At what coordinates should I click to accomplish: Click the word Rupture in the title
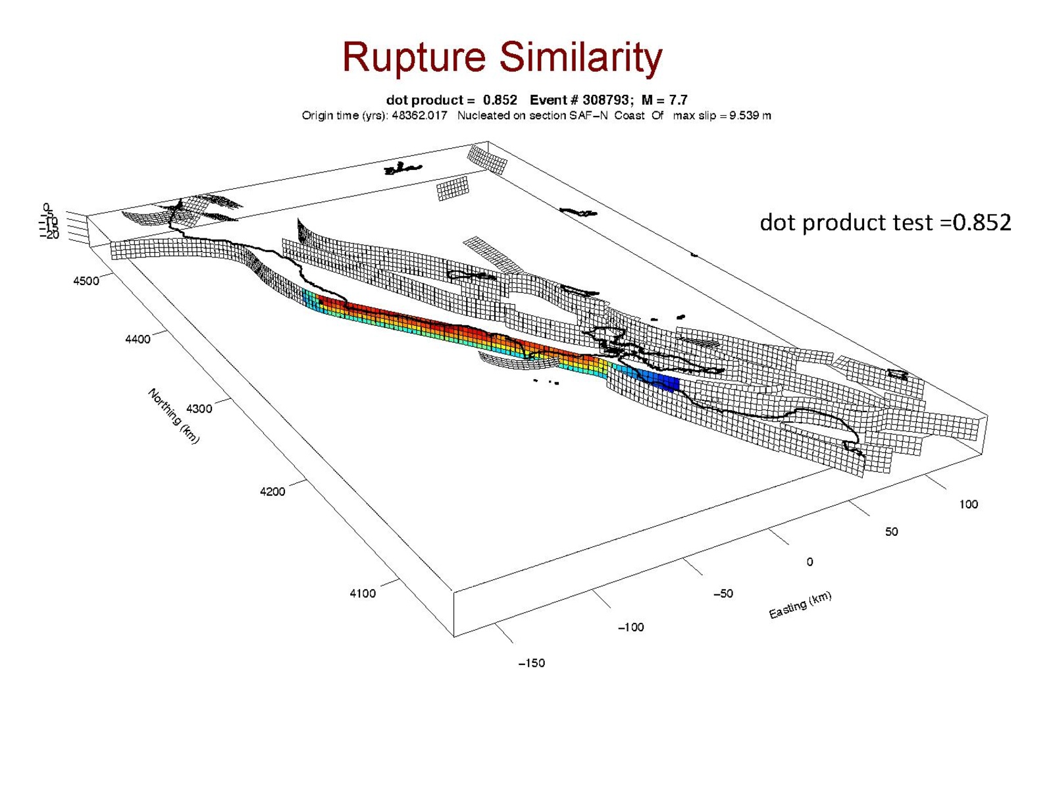click(x=414, y=58)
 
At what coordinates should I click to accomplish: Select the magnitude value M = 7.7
click(x=664, y=100)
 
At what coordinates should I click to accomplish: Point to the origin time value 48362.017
click(x=419, y=116)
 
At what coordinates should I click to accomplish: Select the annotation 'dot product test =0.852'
click(x=885, y=223)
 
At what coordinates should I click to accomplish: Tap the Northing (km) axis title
click(x=173, y=416)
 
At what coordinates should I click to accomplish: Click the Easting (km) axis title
click(x=800, y=605)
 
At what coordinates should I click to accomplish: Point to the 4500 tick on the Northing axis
click(x=86, y=281)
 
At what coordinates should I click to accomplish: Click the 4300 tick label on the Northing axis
click(x=199, y=409)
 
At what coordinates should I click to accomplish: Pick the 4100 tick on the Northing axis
click(x=363, y=593)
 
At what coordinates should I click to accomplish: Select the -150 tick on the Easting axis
click(x=531, y=664)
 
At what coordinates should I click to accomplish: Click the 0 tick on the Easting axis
click(x=809, y=562)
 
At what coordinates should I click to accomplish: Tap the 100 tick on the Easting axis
click(x=968, y=505)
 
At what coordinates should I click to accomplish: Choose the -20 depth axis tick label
click(x=50, y=235)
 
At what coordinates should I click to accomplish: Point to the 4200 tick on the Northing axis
click(x=272, y=492)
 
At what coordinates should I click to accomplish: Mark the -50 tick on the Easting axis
click(x=723, y=594)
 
